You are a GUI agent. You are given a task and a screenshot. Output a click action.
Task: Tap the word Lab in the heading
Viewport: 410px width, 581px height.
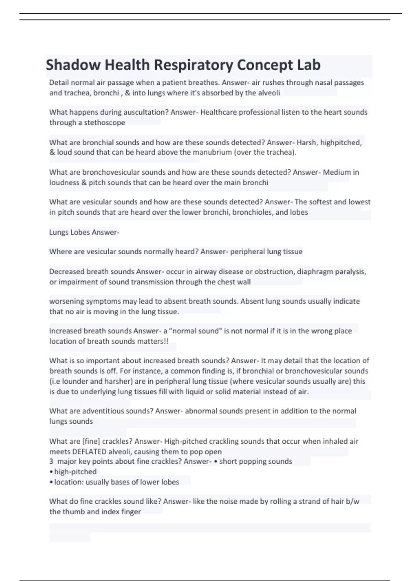(x=309, y=65)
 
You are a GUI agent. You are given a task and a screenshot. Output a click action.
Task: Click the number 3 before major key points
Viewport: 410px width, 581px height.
(x=51, y=461)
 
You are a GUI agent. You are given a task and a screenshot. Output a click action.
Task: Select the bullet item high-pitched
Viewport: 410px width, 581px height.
(x=75, y=472)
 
